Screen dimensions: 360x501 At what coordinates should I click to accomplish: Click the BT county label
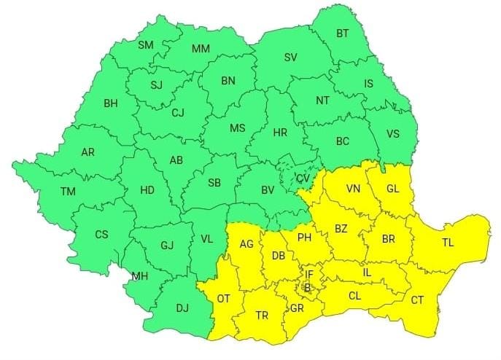(342, 33)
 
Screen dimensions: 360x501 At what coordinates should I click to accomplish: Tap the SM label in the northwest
(146, 45)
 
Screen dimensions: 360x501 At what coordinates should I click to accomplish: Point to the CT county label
(417, 300)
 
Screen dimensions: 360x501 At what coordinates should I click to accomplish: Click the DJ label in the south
(182, 308)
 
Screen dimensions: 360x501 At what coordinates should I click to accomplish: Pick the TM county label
(68, 192)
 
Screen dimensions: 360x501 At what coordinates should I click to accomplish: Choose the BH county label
(110, 104)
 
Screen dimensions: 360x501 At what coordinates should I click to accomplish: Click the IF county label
(308, 274)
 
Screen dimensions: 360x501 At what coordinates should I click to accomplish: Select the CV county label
(303, 179)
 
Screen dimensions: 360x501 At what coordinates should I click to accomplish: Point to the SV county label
(290, 58)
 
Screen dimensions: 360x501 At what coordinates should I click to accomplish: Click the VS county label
(392, 134)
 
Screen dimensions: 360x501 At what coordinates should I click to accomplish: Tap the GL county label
(393, 189)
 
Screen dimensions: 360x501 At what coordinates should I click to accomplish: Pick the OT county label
(224, 299)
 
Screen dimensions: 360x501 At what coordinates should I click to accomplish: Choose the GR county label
(297, 308)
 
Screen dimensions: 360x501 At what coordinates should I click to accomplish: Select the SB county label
(214, 182)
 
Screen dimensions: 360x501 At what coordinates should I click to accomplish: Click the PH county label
(305, 237)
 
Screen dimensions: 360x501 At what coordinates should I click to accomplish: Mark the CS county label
(102, 235)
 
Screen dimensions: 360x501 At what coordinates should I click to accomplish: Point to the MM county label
(201, 49)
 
